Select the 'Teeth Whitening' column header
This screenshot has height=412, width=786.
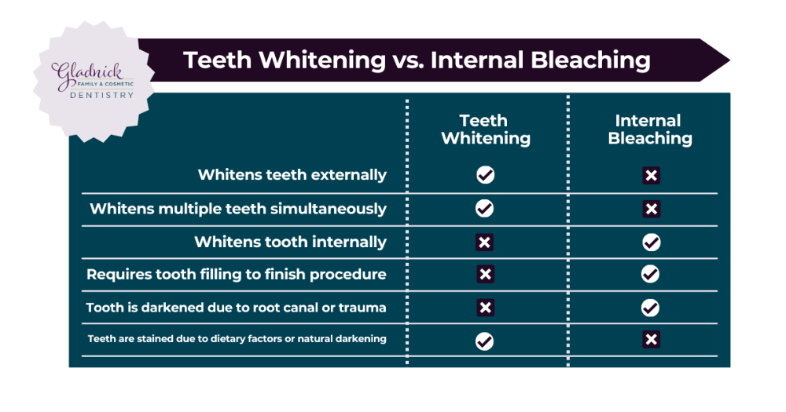(485, 129)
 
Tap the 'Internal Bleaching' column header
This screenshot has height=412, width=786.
(649, 129)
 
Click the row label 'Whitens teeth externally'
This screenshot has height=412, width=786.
(292, 175)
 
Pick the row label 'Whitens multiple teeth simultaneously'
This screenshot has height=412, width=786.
(238, 209)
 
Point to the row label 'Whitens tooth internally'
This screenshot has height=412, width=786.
(290, 242)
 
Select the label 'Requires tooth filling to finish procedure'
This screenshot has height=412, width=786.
(236, 275)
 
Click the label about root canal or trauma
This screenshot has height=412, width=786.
(236, 308)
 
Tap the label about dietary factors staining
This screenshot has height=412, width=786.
(237, 339)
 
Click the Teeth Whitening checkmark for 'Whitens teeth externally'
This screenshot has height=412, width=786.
(485, 175)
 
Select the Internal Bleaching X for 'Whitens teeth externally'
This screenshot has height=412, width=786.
(650, 175)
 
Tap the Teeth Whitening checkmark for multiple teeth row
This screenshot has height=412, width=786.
(485, 209)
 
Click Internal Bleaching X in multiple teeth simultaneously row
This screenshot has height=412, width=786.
(650, 209)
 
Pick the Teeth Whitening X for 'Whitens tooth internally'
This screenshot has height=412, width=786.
(485, 242)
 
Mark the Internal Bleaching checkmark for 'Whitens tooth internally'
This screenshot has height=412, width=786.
(650, 242)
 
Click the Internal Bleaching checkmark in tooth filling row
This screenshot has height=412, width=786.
(650, 275)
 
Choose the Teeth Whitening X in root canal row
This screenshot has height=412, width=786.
(485, 308)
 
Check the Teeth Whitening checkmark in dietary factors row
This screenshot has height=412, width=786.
(485, 341)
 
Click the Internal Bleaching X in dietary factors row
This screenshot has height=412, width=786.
(650, 341)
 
